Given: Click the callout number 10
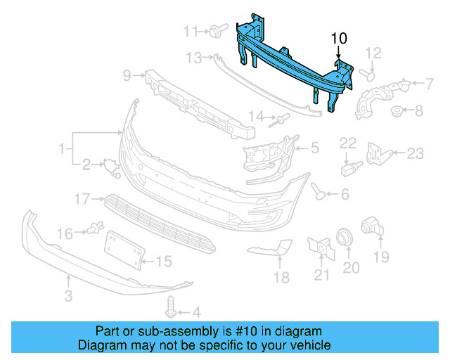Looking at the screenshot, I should [339, 37].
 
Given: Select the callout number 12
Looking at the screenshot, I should [373, 52].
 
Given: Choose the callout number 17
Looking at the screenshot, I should [83, 200].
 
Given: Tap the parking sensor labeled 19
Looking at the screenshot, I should [369, 226].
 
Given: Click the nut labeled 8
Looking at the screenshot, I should [397, 110].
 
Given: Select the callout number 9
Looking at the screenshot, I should [127, 75].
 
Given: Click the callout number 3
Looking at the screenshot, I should [68, 297].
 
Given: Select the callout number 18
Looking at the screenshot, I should [281, 278].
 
